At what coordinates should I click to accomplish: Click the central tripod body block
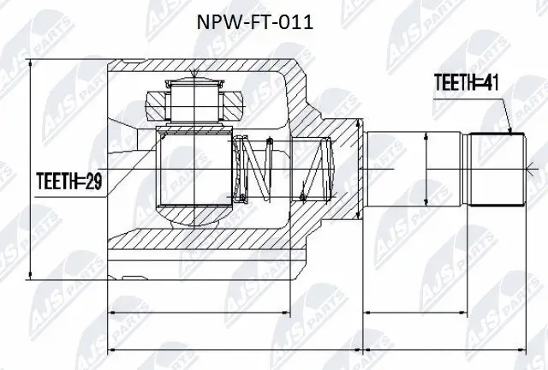[194, 167]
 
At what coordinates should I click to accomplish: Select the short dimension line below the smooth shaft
[414, 315]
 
